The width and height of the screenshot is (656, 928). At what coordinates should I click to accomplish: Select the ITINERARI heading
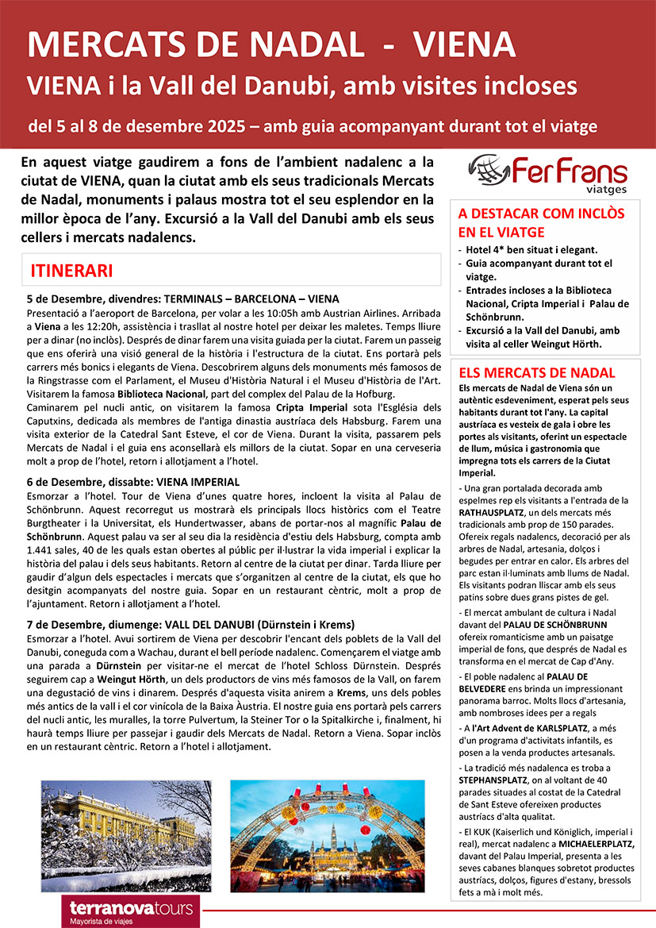pyautogui.click(x=71, y=270)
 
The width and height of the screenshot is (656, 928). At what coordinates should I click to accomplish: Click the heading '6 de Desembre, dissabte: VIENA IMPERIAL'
pyautogui.click(x=133, y=481)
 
